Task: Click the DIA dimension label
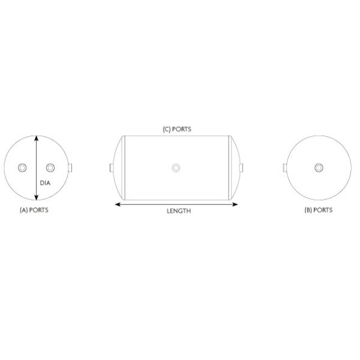(45, 183)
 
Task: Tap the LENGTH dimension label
(179, 211)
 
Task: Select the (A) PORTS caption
(34, 210)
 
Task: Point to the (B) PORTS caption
(319, 210)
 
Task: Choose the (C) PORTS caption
(177, 129)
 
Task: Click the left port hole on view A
(22, 168)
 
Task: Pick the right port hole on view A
(50, 168)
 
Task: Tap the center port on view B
(319, 168)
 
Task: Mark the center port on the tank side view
(176, 168)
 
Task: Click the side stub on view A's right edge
(70, 168)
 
